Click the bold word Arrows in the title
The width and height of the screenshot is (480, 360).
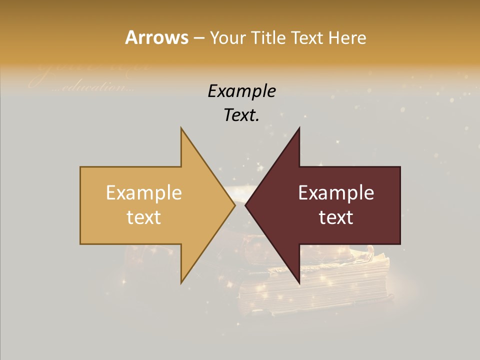[x=156, y=37]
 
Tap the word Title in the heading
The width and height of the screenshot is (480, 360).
[x=268, y=38]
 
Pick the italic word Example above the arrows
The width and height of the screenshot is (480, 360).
[x=241, y=91]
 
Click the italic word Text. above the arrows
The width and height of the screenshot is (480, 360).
[x=241, y=115]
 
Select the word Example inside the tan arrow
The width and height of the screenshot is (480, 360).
[x=144, y=193]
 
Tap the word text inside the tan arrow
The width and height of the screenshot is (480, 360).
[x=144, y=217]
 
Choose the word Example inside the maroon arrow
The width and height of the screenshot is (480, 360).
[x=336, y=193]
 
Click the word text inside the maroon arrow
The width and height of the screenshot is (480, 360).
[x=336, y=217]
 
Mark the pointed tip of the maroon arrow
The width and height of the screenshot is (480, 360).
[x=246, y=205]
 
